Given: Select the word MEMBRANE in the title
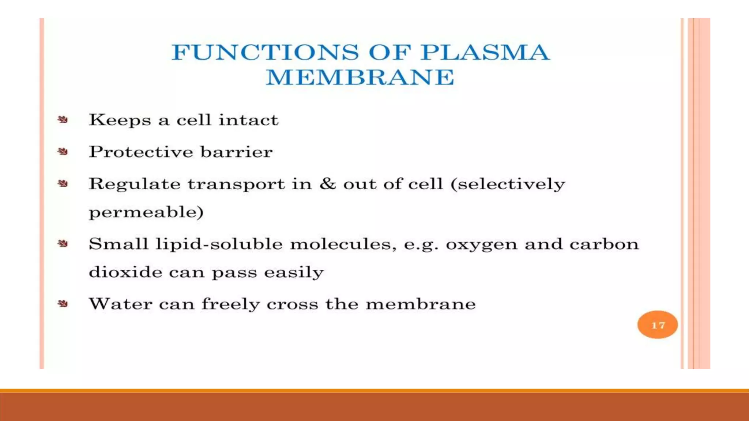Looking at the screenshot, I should [360, 77].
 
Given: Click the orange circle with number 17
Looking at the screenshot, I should [657, 325].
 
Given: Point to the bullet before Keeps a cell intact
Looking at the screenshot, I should [63, 120].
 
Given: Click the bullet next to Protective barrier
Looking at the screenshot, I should [63, 152].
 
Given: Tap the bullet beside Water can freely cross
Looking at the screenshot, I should [63, 304].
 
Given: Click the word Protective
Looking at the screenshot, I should [141, 152].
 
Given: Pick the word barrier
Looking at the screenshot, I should [236, 152].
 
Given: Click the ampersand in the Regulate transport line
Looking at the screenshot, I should [327, 183].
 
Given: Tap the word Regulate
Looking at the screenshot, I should [135, 184].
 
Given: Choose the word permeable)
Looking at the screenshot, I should [146, 212].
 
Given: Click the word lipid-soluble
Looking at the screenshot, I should [219, 244].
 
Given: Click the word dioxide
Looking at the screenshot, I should [125, 272].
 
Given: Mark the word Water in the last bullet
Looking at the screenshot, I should [120, 304].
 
